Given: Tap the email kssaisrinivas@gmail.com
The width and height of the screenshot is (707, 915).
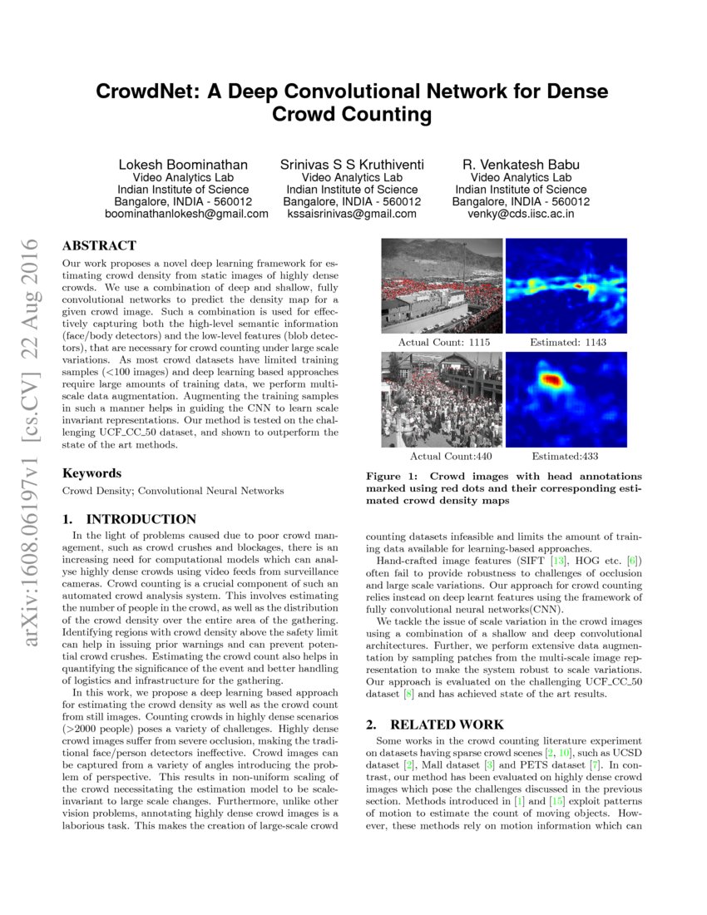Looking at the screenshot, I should (x=351, y=214).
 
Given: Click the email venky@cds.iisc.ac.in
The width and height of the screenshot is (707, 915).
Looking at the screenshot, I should (x=521, y=214).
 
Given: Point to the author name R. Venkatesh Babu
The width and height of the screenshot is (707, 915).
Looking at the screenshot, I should (x=521, y=165).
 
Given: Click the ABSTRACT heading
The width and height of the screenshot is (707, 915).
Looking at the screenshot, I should (x=99, y=245).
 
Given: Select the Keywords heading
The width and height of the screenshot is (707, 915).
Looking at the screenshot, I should (x=91, y=472).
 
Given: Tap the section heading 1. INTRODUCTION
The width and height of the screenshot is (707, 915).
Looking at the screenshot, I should (x=130, y=519).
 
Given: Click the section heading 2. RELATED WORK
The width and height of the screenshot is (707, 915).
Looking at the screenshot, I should (x=435, y=725).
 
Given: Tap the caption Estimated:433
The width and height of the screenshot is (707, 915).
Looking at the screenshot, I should (x=565, y=456).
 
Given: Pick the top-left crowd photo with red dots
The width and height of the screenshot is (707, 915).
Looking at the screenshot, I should (x=442, y=286).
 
